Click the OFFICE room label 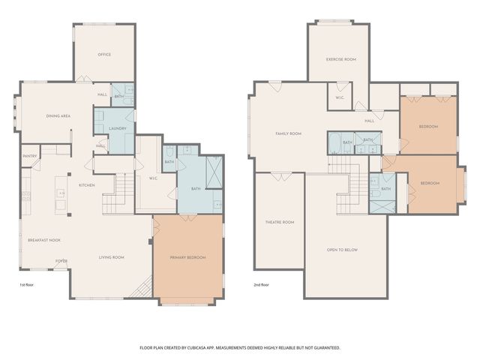(104, 55)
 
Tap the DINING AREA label (58, 116)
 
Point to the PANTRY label (30, 156)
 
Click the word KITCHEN (86, 184)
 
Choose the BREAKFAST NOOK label (44, 240)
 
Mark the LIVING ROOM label (112, 257)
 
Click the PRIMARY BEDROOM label (187, 257)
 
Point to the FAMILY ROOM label (288, 133)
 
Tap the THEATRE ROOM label (280, 222)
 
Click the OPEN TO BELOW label (342, 249)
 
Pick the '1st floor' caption (27, 286)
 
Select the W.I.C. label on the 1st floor (153, 178)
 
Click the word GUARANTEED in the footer (324, 348)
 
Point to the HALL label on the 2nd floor (369, 121)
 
